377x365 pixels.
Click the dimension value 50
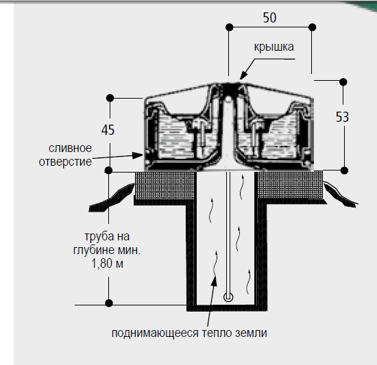point(269,18)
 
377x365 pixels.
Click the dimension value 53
point(342,117)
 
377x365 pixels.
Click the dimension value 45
point(108,130)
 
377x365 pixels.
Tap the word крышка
point(274,47)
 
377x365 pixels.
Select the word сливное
point(70,148)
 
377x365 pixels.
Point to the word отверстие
point(65,162)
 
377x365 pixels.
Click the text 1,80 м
point(107,264)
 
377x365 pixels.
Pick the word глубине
point(93,250)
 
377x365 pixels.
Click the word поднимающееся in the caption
point(155,333)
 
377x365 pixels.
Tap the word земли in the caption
point(251,333)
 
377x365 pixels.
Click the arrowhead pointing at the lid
point(243,75)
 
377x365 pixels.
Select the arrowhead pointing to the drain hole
point(138,155)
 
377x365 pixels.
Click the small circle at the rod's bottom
point(228,297)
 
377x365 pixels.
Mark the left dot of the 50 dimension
point(230,27)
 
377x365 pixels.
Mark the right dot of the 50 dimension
point(312,27)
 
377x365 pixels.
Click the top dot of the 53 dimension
point(343,82)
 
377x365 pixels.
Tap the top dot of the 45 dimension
point(110,98)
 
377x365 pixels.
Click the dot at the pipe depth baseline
point(109,303)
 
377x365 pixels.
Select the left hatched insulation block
point(165,186)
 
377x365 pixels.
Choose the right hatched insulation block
point(290,184)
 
